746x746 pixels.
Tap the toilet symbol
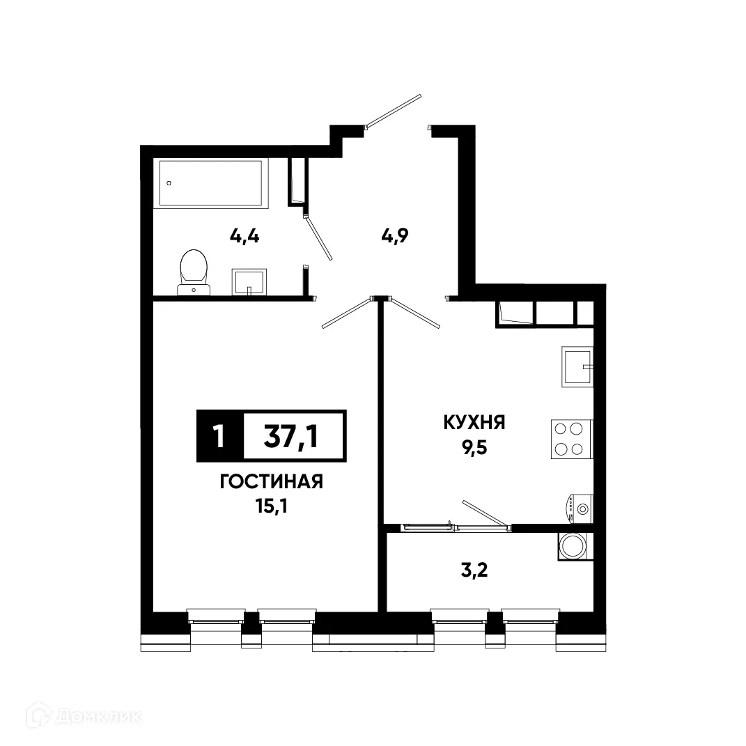(x=194, y=272)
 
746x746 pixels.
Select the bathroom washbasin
(x=249, y=282)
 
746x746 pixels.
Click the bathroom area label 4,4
(x=244, y=236)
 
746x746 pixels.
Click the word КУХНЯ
(x=474, y=422)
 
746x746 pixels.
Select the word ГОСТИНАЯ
(x=271, y=482)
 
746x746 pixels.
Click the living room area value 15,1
(x=271, y=506)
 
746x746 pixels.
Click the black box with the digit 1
(x=219, y=436)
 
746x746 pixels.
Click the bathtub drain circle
(x=169, y=183)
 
